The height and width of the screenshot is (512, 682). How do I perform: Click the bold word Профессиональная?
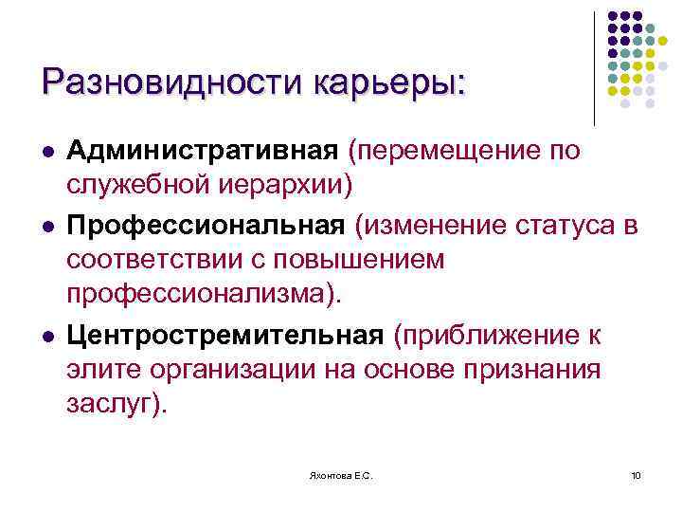[x=206, y=227]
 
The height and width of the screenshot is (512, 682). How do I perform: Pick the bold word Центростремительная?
[x=225, y=336]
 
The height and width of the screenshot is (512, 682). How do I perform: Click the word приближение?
[x=493, y=336]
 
